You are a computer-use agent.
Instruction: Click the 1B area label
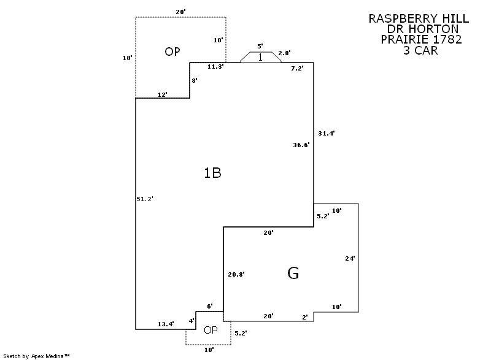tap(212, 173)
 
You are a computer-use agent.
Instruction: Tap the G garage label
tap(293, 274)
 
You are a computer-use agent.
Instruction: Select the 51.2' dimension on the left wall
tap(144, 199)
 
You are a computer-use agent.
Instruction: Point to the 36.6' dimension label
tap(301, 145)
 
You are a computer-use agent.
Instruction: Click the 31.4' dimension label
tap(327, 133)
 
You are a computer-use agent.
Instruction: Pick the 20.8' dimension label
tap(236, 274)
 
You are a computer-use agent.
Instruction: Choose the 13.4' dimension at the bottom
tap(166, 323)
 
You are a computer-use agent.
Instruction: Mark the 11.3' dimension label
tap(215, 66)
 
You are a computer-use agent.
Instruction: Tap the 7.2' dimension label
tap(297, 69)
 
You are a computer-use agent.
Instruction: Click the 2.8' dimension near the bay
tap(284, 53)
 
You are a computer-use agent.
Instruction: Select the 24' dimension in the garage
tap(350, 259)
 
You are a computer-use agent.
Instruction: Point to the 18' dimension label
tap(128, 58)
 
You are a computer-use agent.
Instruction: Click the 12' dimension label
tap(163, 94)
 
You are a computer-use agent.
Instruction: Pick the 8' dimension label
tap(195, 80)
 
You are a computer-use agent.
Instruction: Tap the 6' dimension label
tap(209, 306)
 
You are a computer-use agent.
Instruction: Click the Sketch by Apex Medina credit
tap(37, 355)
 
